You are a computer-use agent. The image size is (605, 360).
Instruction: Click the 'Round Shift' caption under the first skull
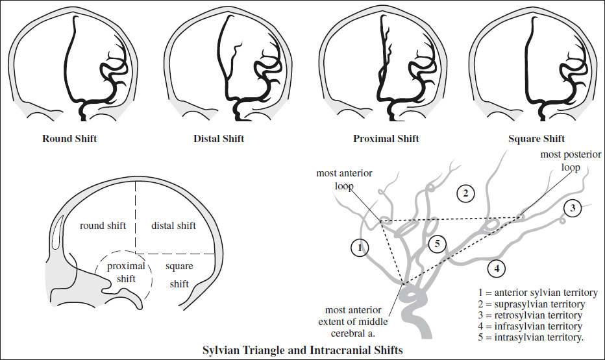click(x=69, y=139)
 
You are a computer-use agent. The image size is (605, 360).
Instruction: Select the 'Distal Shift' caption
click(x=219, y=139)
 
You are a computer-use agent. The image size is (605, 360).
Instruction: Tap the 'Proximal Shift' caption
click(x=386, y=139)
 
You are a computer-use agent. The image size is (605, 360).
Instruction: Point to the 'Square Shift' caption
click(x=536, y=139)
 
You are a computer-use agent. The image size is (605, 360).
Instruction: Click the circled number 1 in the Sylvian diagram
click(x=360, y=247)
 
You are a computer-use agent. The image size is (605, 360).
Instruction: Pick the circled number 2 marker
click(x=465, y=193)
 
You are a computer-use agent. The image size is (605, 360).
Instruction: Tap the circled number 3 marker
click(x=573, y=208)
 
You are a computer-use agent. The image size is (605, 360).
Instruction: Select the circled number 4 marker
click(x=497, y=269)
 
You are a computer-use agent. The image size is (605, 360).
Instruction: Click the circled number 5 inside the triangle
click(x=437, y=244)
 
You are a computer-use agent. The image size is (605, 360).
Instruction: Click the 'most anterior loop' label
click(x=344, y=180)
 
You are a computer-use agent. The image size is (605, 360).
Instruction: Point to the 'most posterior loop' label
click(x=571, y=161)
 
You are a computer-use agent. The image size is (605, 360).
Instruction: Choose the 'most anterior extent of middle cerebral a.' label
click(x=353, y=322)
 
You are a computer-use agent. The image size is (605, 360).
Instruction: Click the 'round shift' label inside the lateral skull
click(x=103, y=226)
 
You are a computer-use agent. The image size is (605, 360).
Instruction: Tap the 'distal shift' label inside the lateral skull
click(x=173, y=226)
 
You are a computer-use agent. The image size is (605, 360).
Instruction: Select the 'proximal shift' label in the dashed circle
click(x=126, y=272)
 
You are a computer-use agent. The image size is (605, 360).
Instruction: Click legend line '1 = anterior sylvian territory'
click(x=538, y=293)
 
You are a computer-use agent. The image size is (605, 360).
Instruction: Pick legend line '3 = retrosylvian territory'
click(x=530, y=315)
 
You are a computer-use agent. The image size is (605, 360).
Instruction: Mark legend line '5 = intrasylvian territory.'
click(x=531, y=337)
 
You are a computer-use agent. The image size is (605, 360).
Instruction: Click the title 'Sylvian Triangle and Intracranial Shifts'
click(x=303, y=350)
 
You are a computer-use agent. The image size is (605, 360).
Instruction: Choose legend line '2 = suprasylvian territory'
click(x=531, y=304)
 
